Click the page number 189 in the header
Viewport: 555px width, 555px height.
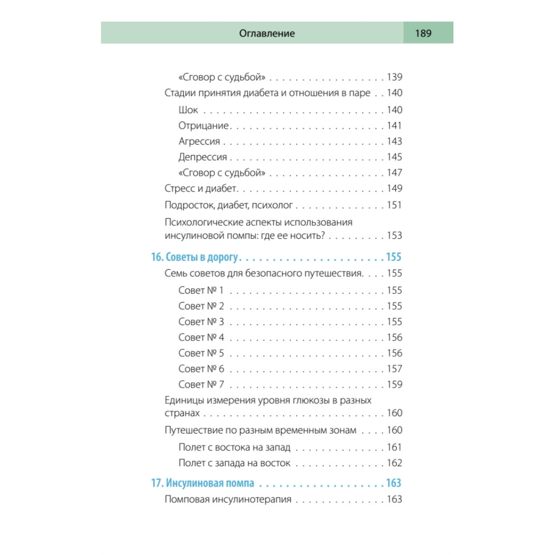pyautogui.click(x=423, y=33)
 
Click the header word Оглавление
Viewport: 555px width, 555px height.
pyautogui.click(x=267, y=33)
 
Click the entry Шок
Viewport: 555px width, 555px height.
pyautogui.click(x=189, y=110)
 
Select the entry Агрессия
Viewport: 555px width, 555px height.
pyautogui.click(x=200, y=142)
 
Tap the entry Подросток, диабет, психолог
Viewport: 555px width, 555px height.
pyautogui.click(x=229, y=205)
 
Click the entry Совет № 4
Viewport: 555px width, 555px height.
pyautogui.click(x=201, y=337)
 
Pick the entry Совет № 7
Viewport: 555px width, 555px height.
pyautogui.click(x=201, y=384)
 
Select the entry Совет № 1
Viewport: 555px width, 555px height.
pyautogui.click(x=201, y=290)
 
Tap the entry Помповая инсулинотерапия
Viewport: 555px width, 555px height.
pyautogui.click(x=229, y=500)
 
